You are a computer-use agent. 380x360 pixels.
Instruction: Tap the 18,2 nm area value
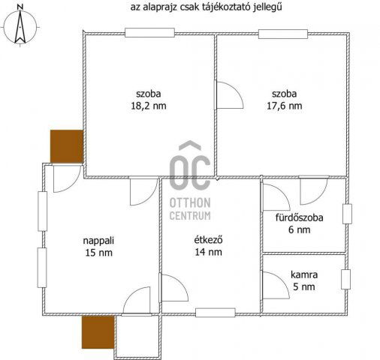149,106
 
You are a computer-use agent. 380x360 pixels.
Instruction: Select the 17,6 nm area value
285,106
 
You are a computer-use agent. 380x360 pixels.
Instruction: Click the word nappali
98,241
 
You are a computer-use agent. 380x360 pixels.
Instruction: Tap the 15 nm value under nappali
98,253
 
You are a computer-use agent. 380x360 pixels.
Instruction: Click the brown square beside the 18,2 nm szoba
65,145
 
